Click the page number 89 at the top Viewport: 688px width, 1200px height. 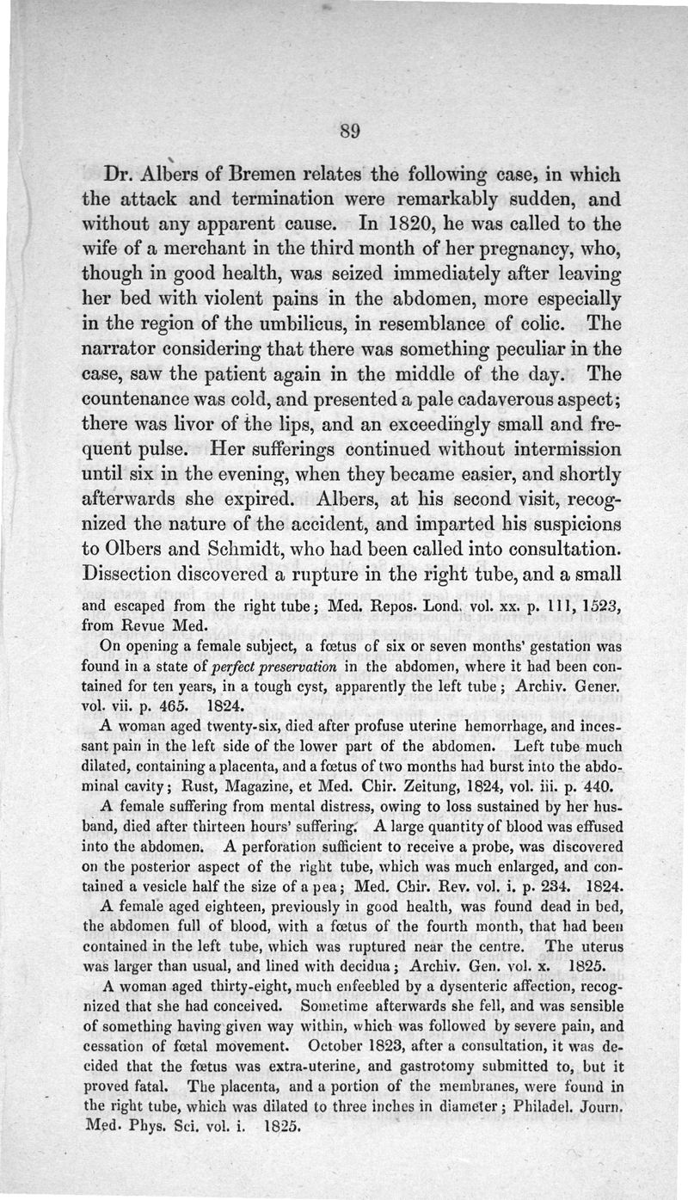click(349, 132)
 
